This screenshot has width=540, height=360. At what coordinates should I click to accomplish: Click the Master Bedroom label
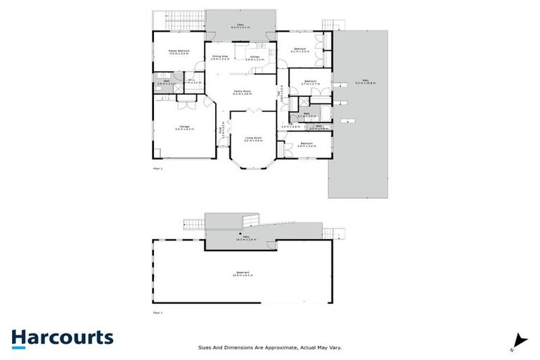[179, 51]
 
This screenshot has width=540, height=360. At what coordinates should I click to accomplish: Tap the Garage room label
[184, 128]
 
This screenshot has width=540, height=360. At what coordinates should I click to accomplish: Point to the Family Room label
[243, 92]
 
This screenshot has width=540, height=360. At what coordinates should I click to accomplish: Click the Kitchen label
[255, 58]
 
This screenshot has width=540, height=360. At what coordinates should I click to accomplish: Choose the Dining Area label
[220, 58]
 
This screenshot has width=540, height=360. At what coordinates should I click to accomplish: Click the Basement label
[243, 274]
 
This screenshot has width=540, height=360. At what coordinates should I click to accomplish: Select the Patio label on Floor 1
[247, 238]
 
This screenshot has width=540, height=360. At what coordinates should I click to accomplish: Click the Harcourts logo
[62, 338]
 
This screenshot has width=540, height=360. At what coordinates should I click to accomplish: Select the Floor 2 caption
[157, 169]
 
